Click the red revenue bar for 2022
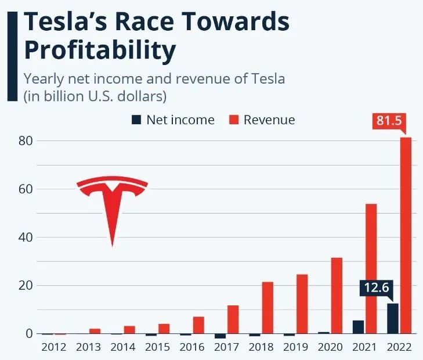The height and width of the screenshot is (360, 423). pyautogui.click(x=406, y=235)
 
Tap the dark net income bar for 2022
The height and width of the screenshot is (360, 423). pyautogui.click(x=393, y=318)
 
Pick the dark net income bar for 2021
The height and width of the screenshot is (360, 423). pyautogui.click(x=358, y=327)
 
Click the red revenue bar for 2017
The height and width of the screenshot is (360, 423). pyautogui.click(x=233, y=319)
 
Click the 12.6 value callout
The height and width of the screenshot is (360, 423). pyautogui.click(x=376, y=287)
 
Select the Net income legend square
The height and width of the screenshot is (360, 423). pyautogui.click(x=136, y=120)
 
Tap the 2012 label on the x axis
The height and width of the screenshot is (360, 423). pyautogui.click(x=54, y=347)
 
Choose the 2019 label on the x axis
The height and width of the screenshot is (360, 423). pyautogui.click(x=295, y=347)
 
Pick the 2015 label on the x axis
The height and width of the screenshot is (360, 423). pyautogui.click(x=157, y=347)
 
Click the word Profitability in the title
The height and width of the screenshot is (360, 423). pyautogui.click(x=99, y=51)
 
